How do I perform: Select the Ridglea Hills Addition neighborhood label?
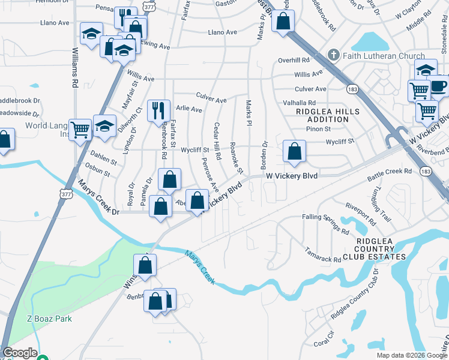[x=328, y=115]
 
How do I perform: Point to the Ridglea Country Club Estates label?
[x=381, y=249]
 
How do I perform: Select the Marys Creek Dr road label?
[x=99, y=212]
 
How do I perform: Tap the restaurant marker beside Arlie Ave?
[x=158, y=110]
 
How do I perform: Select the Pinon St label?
[x=318, y=129]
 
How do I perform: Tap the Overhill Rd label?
[x=293, y=61]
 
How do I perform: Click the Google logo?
[x=20, y=353]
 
